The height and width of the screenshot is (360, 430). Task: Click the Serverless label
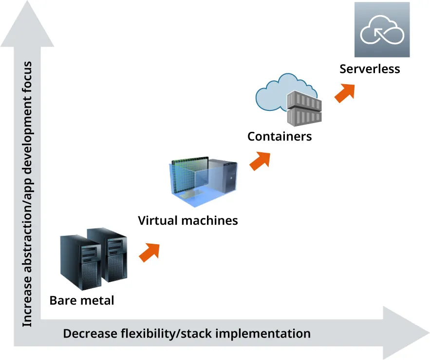click(370, 69)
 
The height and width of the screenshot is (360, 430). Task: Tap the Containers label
click(279, 136)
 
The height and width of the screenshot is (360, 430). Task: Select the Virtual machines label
click(188, 220)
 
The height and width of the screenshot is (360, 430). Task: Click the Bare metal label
click(81, 300)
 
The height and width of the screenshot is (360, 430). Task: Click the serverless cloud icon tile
click(382, 30)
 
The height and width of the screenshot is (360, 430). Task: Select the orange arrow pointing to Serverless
click(345, 92)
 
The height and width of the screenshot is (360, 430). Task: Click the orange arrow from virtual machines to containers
click(260, 160)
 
